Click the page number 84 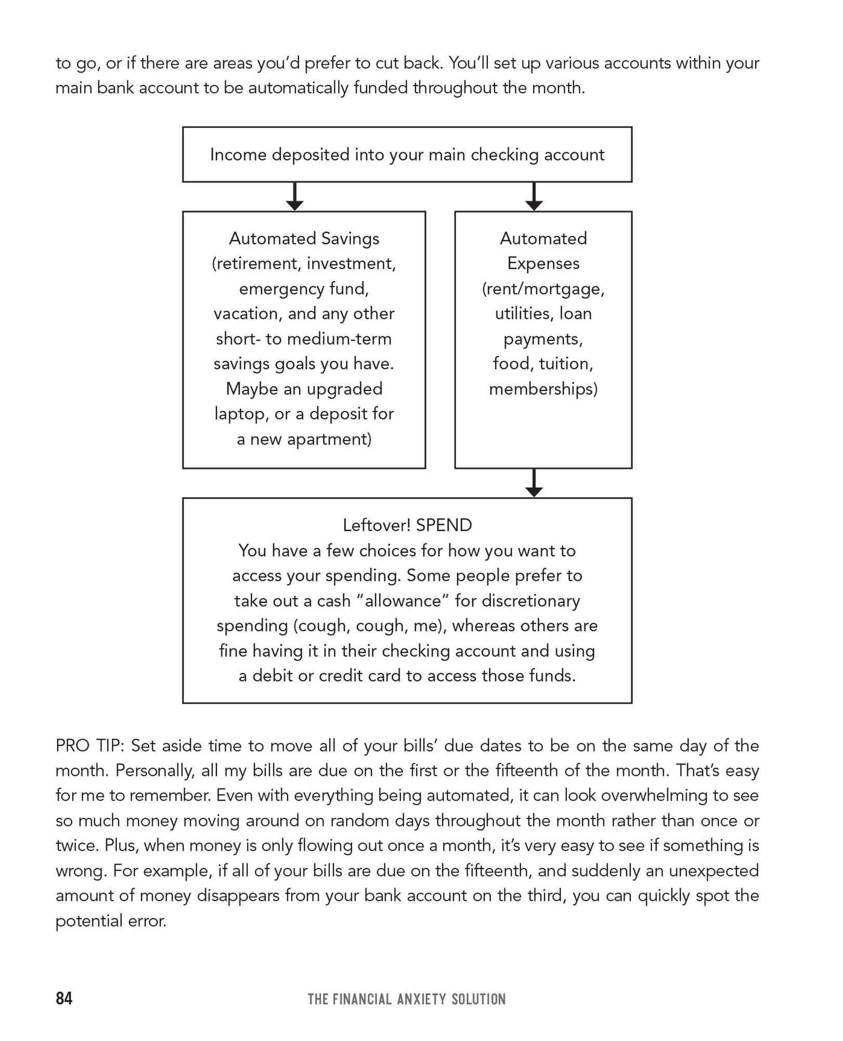coord(64,998)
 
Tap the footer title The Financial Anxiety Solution coord(406,999)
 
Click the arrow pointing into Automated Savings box coord(295,197)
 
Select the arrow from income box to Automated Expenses coord(534,197)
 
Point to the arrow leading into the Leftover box coord(534,484)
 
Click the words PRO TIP coord(89,746)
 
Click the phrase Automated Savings coord(304,238)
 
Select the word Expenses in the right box coord(543,263)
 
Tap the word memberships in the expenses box coord(543,389)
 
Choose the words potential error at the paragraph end coord(111,921)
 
